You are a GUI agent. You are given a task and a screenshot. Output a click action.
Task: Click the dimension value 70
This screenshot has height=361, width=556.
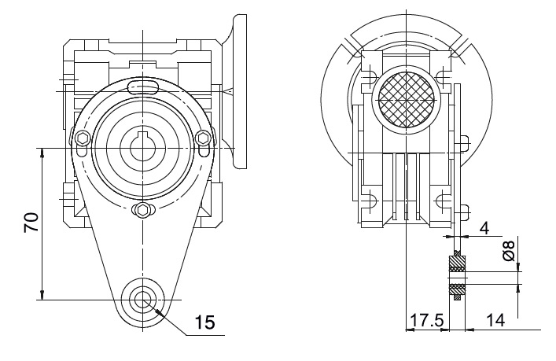coord(31,223)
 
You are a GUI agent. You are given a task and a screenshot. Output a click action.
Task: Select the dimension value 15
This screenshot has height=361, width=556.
coord(205,322)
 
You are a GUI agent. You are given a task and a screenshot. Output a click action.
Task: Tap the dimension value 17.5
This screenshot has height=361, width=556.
coord(426,320)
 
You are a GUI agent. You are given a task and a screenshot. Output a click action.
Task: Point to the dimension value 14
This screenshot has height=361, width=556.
coord(495,320)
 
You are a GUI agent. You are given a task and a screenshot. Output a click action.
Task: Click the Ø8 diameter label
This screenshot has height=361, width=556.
coord(509,250)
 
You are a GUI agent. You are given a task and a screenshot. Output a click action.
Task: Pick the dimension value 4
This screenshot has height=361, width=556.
coord(484,228)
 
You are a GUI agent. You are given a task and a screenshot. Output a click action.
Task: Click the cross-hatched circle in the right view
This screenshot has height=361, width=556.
coord(406,100)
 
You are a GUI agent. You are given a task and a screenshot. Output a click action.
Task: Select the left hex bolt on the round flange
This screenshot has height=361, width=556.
coord(83,138)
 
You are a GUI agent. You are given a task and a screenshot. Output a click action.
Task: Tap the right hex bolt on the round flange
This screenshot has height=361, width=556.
coord(204,138)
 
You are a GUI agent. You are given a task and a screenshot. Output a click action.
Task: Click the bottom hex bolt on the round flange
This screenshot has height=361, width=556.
coord(143,210)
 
